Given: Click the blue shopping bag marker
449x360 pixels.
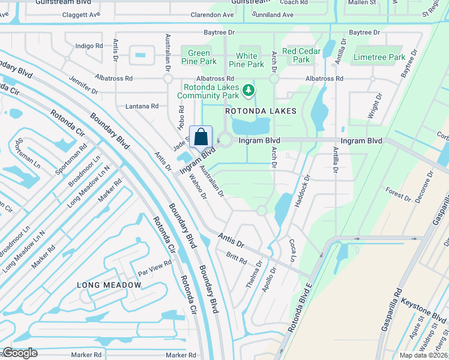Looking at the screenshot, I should coord(200,137).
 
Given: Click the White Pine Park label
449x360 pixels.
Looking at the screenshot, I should coord(247,60).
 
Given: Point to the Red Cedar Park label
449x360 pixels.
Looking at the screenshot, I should coord(301,55).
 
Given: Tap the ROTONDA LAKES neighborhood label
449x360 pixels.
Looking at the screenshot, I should coord(261,111).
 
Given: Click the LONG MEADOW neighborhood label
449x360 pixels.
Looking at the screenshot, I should coord(101,284).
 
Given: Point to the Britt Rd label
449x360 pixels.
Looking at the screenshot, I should coord(237,258).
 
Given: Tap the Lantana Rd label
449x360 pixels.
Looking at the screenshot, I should coord(142,106).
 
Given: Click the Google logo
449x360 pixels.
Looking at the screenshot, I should coord(20,353).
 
